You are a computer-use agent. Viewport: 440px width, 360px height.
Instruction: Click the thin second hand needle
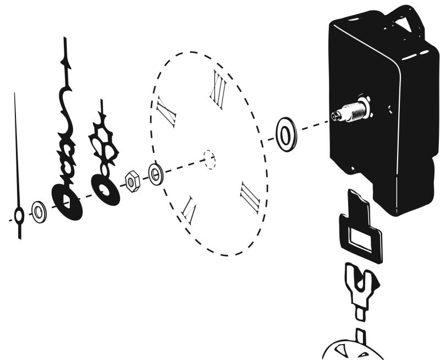coord(16,149)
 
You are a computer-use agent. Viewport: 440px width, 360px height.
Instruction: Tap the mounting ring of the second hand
coord(19,216)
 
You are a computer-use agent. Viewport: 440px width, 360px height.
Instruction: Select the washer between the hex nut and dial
coord(156,174)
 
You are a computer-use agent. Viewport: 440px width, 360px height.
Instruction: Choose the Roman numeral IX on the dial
coord(166,110)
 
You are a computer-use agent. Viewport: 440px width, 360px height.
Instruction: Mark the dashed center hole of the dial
coord(210,159)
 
